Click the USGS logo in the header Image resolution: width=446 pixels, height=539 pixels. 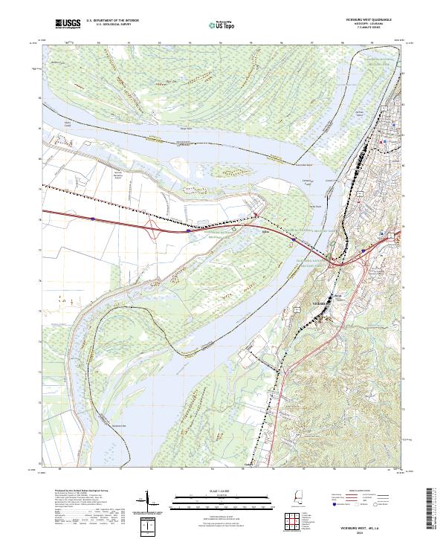[68, 25]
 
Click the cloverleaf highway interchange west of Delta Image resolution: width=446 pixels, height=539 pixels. [154, 228]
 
